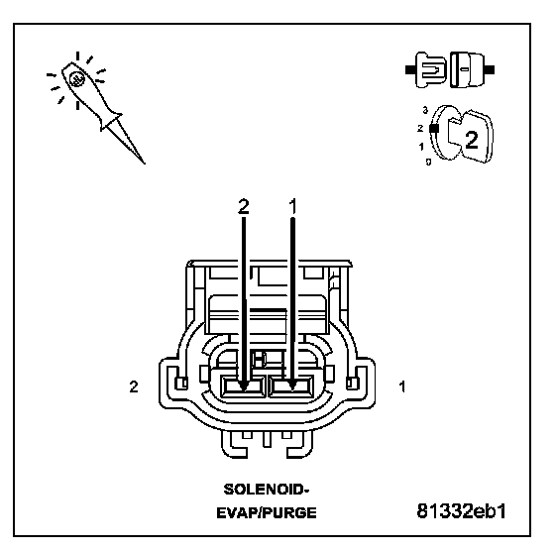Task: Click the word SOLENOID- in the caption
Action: (x=267, y=490)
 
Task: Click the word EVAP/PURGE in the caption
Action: (x=267, y=512)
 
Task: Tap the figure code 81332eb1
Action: (x=462, y=511)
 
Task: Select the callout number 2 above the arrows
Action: (x=244, y=206)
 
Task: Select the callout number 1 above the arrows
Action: (x=292, y=206)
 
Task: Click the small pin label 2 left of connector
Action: (x=134, y=386)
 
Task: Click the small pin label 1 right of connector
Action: (x=402, y=386)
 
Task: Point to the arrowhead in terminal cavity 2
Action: (x=243, y=386)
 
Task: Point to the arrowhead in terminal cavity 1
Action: (x=292, y=386)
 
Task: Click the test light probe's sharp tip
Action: (x=145, y=164)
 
